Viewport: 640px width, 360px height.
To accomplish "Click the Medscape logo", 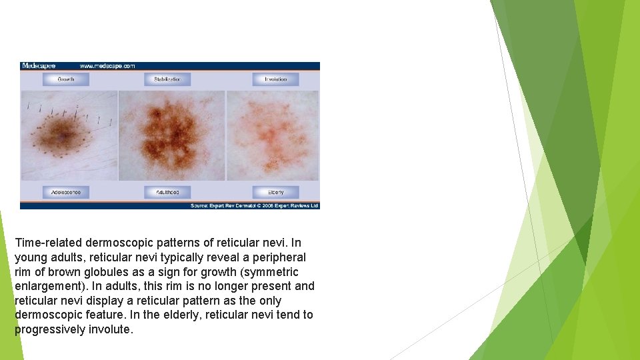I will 39,66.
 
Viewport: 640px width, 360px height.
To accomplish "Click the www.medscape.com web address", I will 107,66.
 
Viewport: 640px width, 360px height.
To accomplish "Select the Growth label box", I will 66,79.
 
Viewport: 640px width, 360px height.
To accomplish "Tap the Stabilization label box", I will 167,79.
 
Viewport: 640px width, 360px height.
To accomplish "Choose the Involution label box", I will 275,79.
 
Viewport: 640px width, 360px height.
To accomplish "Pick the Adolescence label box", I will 66,192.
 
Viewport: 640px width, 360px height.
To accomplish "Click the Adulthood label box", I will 167,192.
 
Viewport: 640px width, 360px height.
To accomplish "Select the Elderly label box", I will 275,192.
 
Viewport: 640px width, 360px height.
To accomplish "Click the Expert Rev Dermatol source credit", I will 255,206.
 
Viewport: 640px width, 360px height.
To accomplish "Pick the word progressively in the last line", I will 50,329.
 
